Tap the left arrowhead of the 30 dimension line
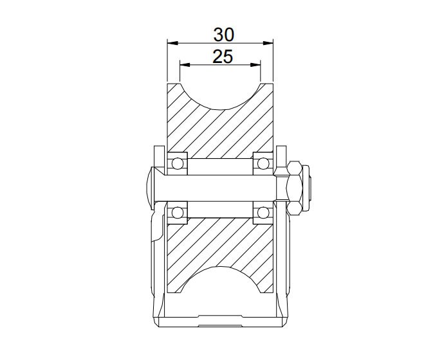(x=171, y=43)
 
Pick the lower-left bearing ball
(x=177, y=213)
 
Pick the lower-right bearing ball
(x=263, y=213)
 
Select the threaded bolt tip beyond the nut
(x=310, y=188)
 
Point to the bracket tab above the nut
(x=282, y=157)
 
